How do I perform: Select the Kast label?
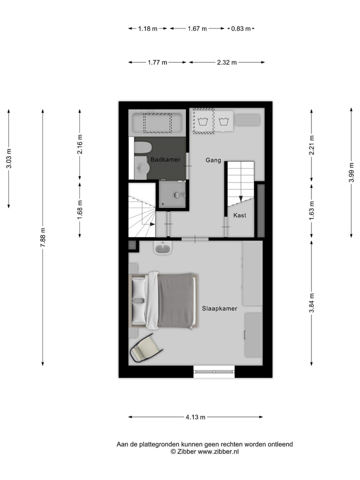(x=239, y=215)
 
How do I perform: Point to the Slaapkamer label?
(x=219, y=308)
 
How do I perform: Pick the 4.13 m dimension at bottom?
(x=195, y=417)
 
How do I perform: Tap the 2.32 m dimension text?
(x=226, y=62)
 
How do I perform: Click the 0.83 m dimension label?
(x=240, y=29)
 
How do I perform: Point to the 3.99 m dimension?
(x=352, y=173)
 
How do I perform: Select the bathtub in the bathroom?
(x=157, y=122)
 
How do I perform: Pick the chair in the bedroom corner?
(x=145, y=347)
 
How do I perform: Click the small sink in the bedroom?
(x=162, y=247)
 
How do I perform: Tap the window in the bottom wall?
(x=214, y=371)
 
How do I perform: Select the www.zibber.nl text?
(x=218, y=451)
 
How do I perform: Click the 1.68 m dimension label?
(x=80, y=209)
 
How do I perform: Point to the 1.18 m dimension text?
(x=148, y=29)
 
